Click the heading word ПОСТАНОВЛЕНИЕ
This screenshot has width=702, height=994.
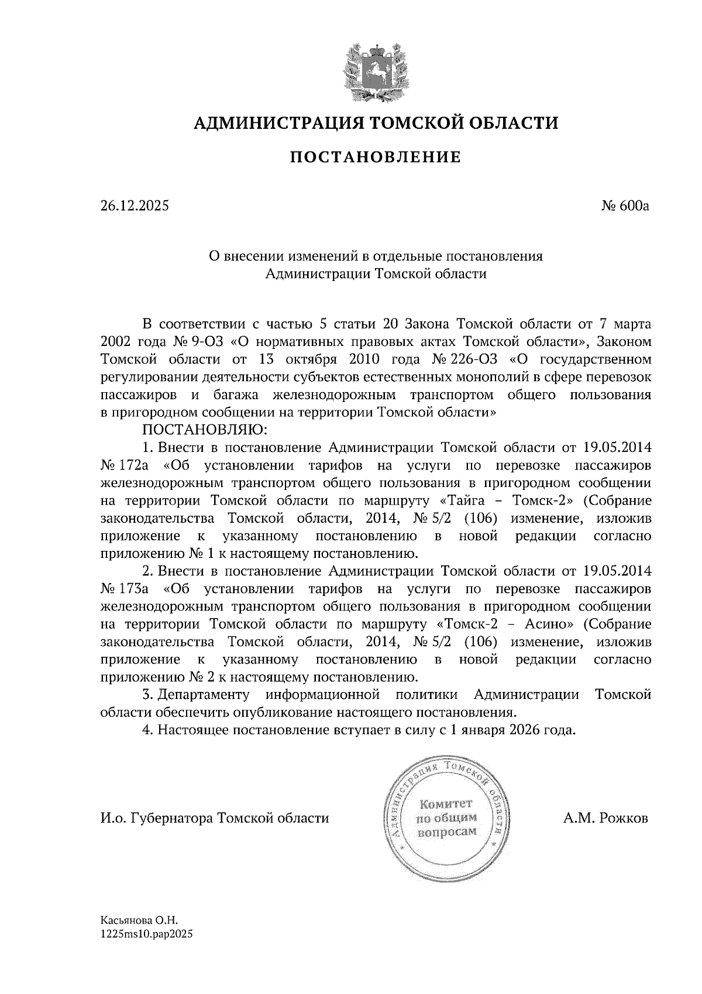tap(376, 157)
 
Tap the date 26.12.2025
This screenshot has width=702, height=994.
tap(134, 206)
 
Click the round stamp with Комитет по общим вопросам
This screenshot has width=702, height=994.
tap(445, 818)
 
